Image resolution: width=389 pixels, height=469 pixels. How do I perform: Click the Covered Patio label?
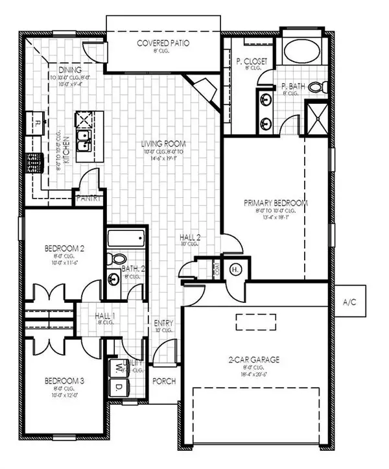tap(162, 43)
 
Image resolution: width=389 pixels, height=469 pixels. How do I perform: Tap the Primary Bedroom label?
tap(276, 202)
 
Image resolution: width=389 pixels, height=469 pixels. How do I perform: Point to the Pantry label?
tap(88, 199)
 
